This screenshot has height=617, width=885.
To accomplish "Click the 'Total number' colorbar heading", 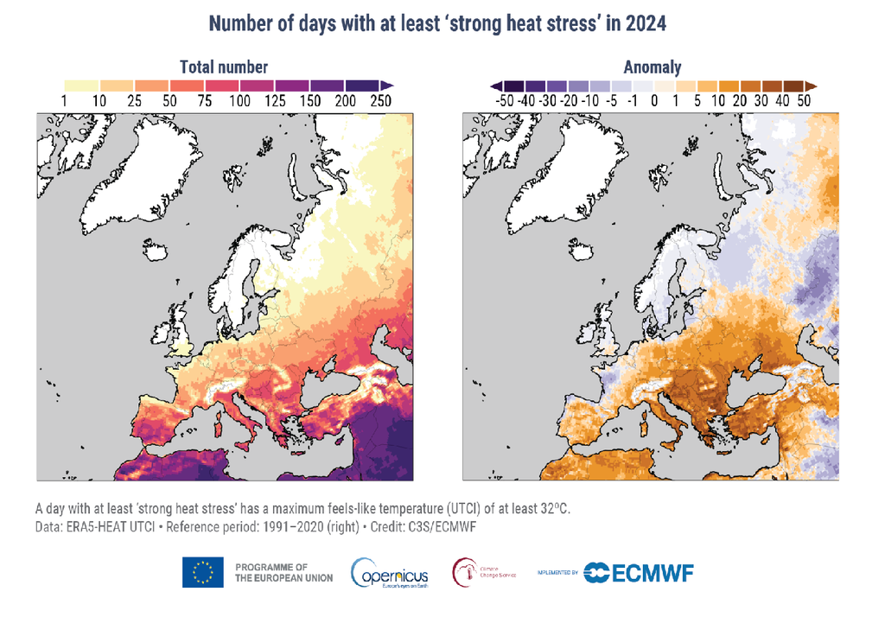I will tap(223, 67).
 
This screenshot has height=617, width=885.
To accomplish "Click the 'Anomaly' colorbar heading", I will tap(652, 67).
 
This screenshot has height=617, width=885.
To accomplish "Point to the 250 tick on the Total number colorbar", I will tap(379, 101).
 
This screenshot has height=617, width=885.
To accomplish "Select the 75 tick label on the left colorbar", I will tap(205, 101).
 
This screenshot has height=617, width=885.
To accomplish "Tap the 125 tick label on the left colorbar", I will tap(275, 101).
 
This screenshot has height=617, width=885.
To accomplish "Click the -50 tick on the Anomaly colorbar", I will tap(501, 101).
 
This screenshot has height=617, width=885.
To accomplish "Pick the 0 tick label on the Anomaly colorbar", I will tap(654, 101).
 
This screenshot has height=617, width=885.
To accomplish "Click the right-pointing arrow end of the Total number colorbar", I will tap(388, 86).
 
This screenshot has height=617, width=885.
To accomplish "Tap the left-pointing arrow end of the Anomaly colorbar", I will tap(495, 86).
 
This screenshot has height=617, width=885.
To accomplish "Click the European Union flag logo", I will tap(203, 572).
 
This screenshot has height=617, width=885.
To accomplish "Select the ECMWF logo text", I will tap(648, 573).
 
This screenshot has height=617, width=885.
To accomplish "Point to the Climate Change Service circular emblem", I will tap(464, 571).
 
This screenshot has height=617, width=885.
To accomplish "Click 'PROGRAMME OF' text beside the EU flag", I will tap(271, 566).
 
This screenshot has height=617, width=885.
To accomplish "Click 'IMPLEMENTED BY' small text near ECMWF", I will tap(557, 573).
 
